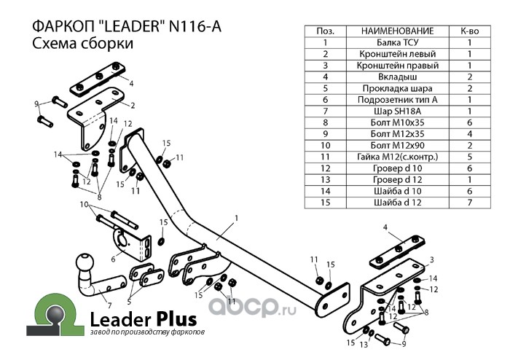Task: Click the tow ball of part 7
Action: (x=85, y=262)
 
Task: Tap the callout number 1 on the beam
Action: (x=237, y=218)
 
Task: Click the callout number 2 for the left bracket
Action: (x=133, y=106)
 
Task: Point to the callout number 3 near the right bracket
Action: (x=431, y=259)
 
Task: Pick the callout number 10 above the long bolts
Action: (x=84, y=205)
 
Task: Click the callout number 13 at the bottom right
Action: (x=364, y=345)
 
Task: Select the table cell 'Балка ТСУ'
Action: (x=398, y=42)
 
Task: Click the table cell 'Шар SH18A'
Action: (x=398, y=111)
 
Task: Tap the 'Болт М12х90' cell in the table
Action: (x=398, y=145)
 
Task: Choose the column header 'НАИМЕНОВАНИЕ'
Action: (x=398, y=31)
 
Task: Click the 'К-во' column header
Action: (x=470, y=31)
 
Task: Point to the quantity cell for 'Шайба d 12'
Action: (x=470, y=203)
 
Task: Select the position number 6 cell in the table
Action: (x=325, y=100)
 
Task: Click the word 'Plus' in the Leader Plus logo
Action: (x=176, y=319)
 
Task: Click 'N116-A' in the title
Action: (x=195, y=26)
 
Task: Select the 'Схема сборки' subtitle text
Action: (x=82, y=43)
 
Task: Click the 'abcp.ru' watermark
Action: (x=252, y=306)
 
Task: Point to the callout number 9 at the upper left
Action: (x=36, y=104)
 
